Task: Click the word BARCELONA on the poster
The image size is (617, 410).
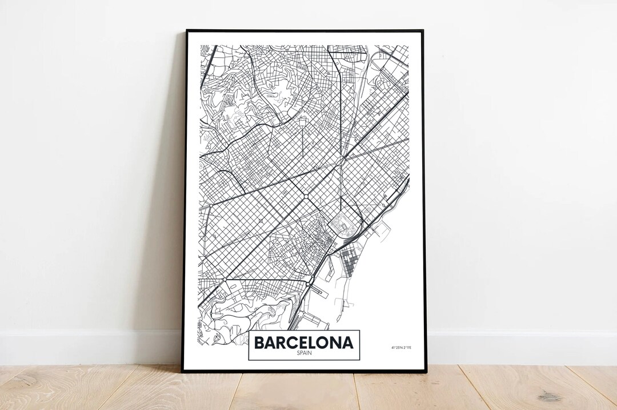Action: [x=304, y=343]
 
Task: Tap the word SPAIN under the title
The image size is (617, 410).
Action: [x=304, y=353]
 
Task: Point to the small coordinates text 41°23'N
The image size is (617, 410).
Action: [x=396, y=348]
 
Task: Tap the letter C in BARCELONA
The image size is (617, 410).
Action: [x=288, y=343]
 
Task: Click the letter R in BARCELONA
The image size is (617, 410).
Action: [x=279, y=343]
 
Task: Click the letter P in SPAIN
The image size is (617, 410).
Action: [x=301, y=353]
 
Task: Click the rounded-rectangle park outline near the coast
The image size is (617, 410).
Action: [x=341, y=225]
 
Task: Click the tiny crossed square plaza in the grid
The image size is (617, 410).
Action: [x=261, y=220]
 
